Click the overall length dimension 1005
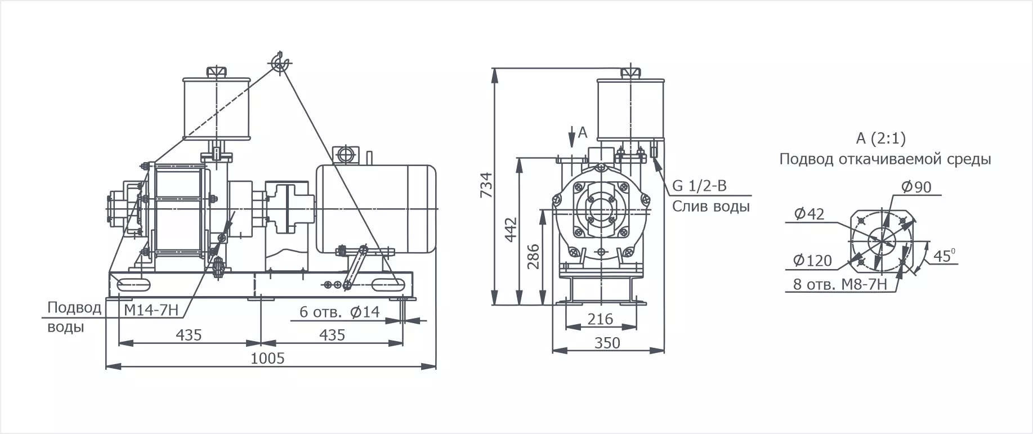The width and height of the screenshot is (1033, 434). (267, 359)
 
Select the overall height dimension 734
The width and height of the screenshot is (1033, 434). (486, 185)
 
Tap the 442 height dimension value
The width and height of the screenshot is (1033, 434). (511, 230)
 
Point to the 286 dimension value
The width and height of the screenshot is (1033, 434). (534, 256)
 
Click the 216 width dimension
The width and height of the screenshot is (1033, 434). (600, 319)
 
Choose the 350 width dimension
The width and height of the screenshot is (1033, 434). (607, 343)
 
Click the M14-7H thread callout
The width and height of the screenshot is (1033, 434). (151, 310)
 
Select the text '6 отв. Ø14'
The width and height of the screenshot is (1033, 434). (339, 312)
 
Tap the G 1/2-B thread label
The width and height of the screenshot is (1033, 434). (699, 186)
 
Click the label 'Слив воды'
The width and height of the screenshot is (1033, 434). (710, 207)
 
